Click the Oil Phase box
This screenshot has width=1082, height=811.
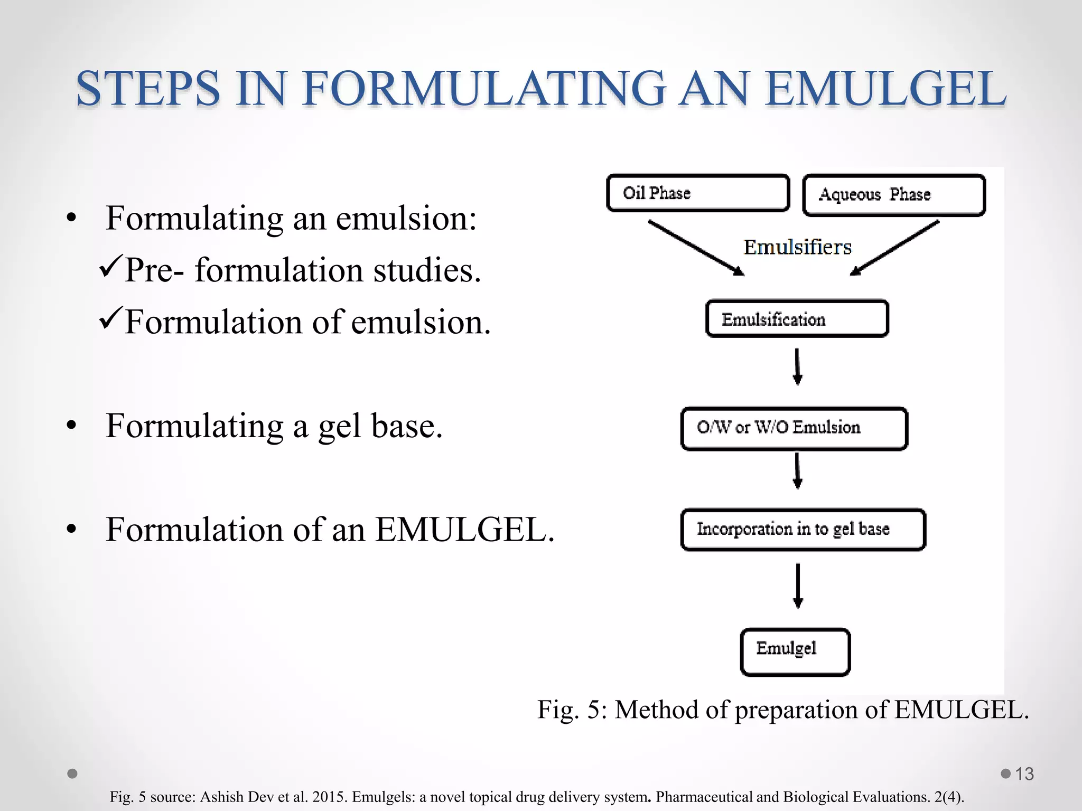tap(698, 193)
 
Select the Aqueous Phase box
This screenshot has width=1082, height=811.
tap(894, 195)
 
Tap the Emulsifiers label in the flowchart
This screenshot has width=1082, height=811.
tap(797, 247)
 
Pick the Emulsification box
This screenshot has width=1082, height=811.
tap(797, 319)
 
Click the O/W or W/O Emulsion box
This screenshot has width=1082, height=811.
tap(794, 428)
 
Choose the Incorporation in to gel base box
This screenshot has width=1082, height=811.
tap(803, 530)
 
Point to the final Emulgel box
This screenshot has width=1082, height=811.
tap(795, 652)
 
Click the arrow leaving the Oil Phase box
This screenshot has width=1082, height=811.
tap(696, 248)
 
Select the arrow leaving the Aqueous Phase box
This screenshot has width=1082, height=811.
tap(894, 248)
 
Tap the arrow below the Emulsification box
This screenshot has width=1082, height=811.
tap(798, 366)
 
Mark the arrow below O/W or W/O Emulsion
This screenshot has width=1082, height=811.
tap(798, 470)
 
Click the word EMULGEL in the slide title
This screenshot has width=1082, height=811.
tap(886, 88)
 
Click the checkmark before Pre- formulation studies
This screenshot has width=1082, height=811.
tap(110, 266)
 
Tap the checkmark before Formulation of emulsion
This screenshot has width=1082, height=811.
tap(110, 318)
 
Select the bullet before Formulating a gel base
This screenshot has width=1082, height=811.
tap(72, 426)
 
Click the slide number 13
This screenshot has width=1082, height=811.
tap(1024, 774)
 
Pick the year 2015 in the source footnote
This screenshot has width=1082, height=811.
tap(330, 797)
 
